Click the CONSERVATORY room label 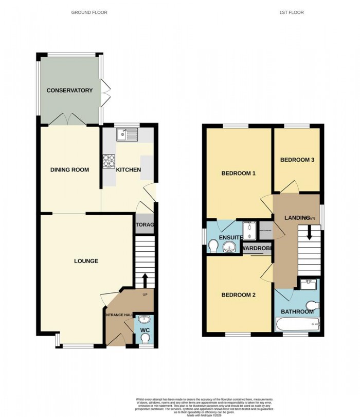point(69,91)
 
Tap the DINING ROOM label point(69,170)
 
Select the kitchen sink point(127,135)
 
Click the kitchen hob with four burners point(109,162)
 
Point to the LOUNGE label point(86,261)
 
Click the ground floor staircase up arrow point(145,281)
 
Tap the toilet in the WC point(146,338)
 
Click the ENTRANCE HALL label point(119,315)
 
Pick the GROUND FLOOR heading point(89,12)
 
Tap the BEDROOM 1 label point(238,173)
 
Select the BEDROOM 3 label point(297,160)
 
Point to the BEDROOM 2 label point(238,295)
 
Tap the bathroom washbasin point(310,283)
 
